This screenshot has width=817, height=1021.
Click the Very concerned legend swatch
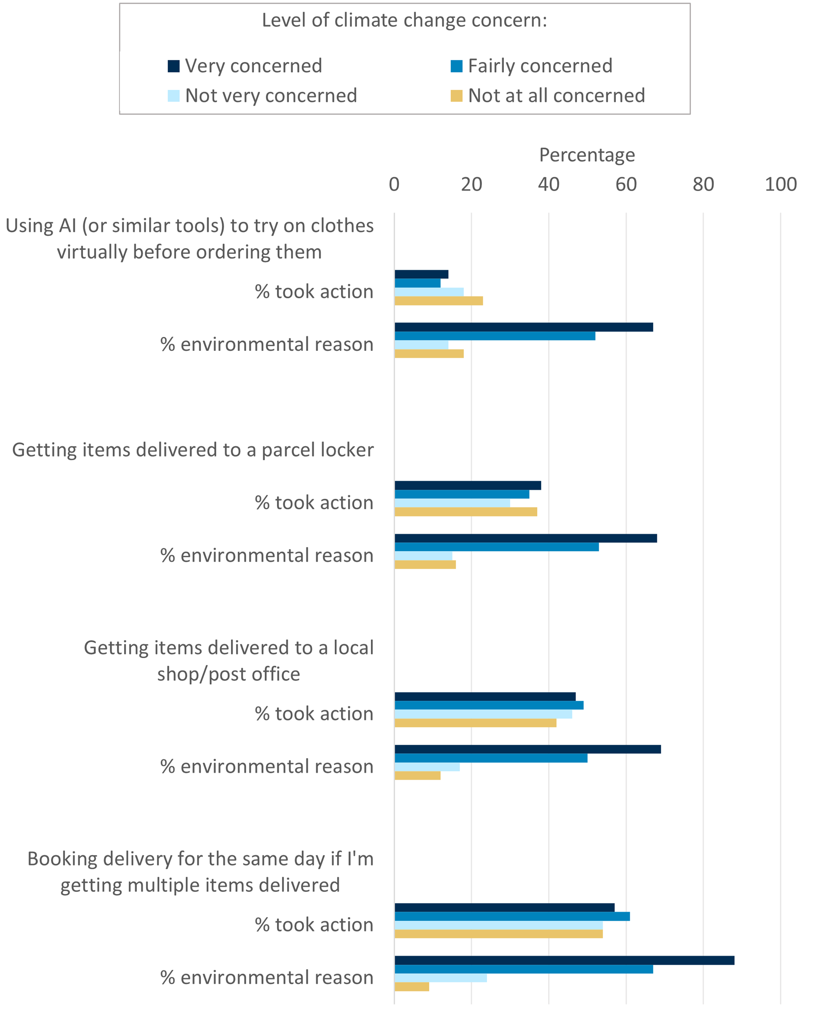(x=174, y=66)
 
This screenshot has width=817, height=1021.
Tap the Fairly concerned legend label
(x=540, y=66)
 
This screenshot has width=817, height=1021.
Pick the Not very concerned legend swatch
(x=174, y=96)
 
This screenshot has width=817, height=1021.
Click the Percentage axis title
(x=586, y=155)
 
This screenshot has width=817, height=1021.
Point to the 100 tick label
(x=780, y=184)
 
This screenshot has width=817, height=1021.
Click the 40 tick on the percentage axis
(x=548, y=184)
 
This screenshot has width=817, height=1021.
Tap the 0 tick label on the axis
(x=394, y=184)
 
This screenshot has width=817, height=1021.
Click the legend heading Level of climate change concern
(x=404, y=21)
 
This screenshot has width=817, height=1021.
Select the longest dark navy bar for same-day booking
(x=564, y=960)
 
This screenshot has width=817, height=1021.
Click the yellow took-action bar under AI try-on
(x=438, y=301)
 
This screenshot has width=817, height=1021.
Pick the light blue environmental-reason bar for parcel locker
(x=423, y=555)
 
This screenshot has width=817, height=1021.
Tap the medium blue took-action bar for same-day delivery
(x=511, y=916)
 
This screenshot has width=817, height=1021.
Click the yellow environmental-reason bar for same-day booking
(x=412, y=987)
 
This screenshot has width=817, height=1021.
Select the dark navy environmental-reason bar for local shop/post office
(x=527, y=749)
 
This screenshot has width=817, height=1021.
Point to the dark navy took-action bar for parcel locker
(x=467, y=485)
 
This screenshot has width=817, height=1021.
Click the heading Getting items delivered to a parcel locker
(x=193, y=450)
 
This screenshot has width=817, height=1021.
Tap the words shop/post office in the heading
(x=228, y=674)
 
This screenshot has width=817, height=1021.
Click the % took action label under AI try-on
(x=314, y=292)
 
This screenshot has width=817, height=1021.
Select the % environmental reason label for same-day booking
(x=267, y=977)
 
